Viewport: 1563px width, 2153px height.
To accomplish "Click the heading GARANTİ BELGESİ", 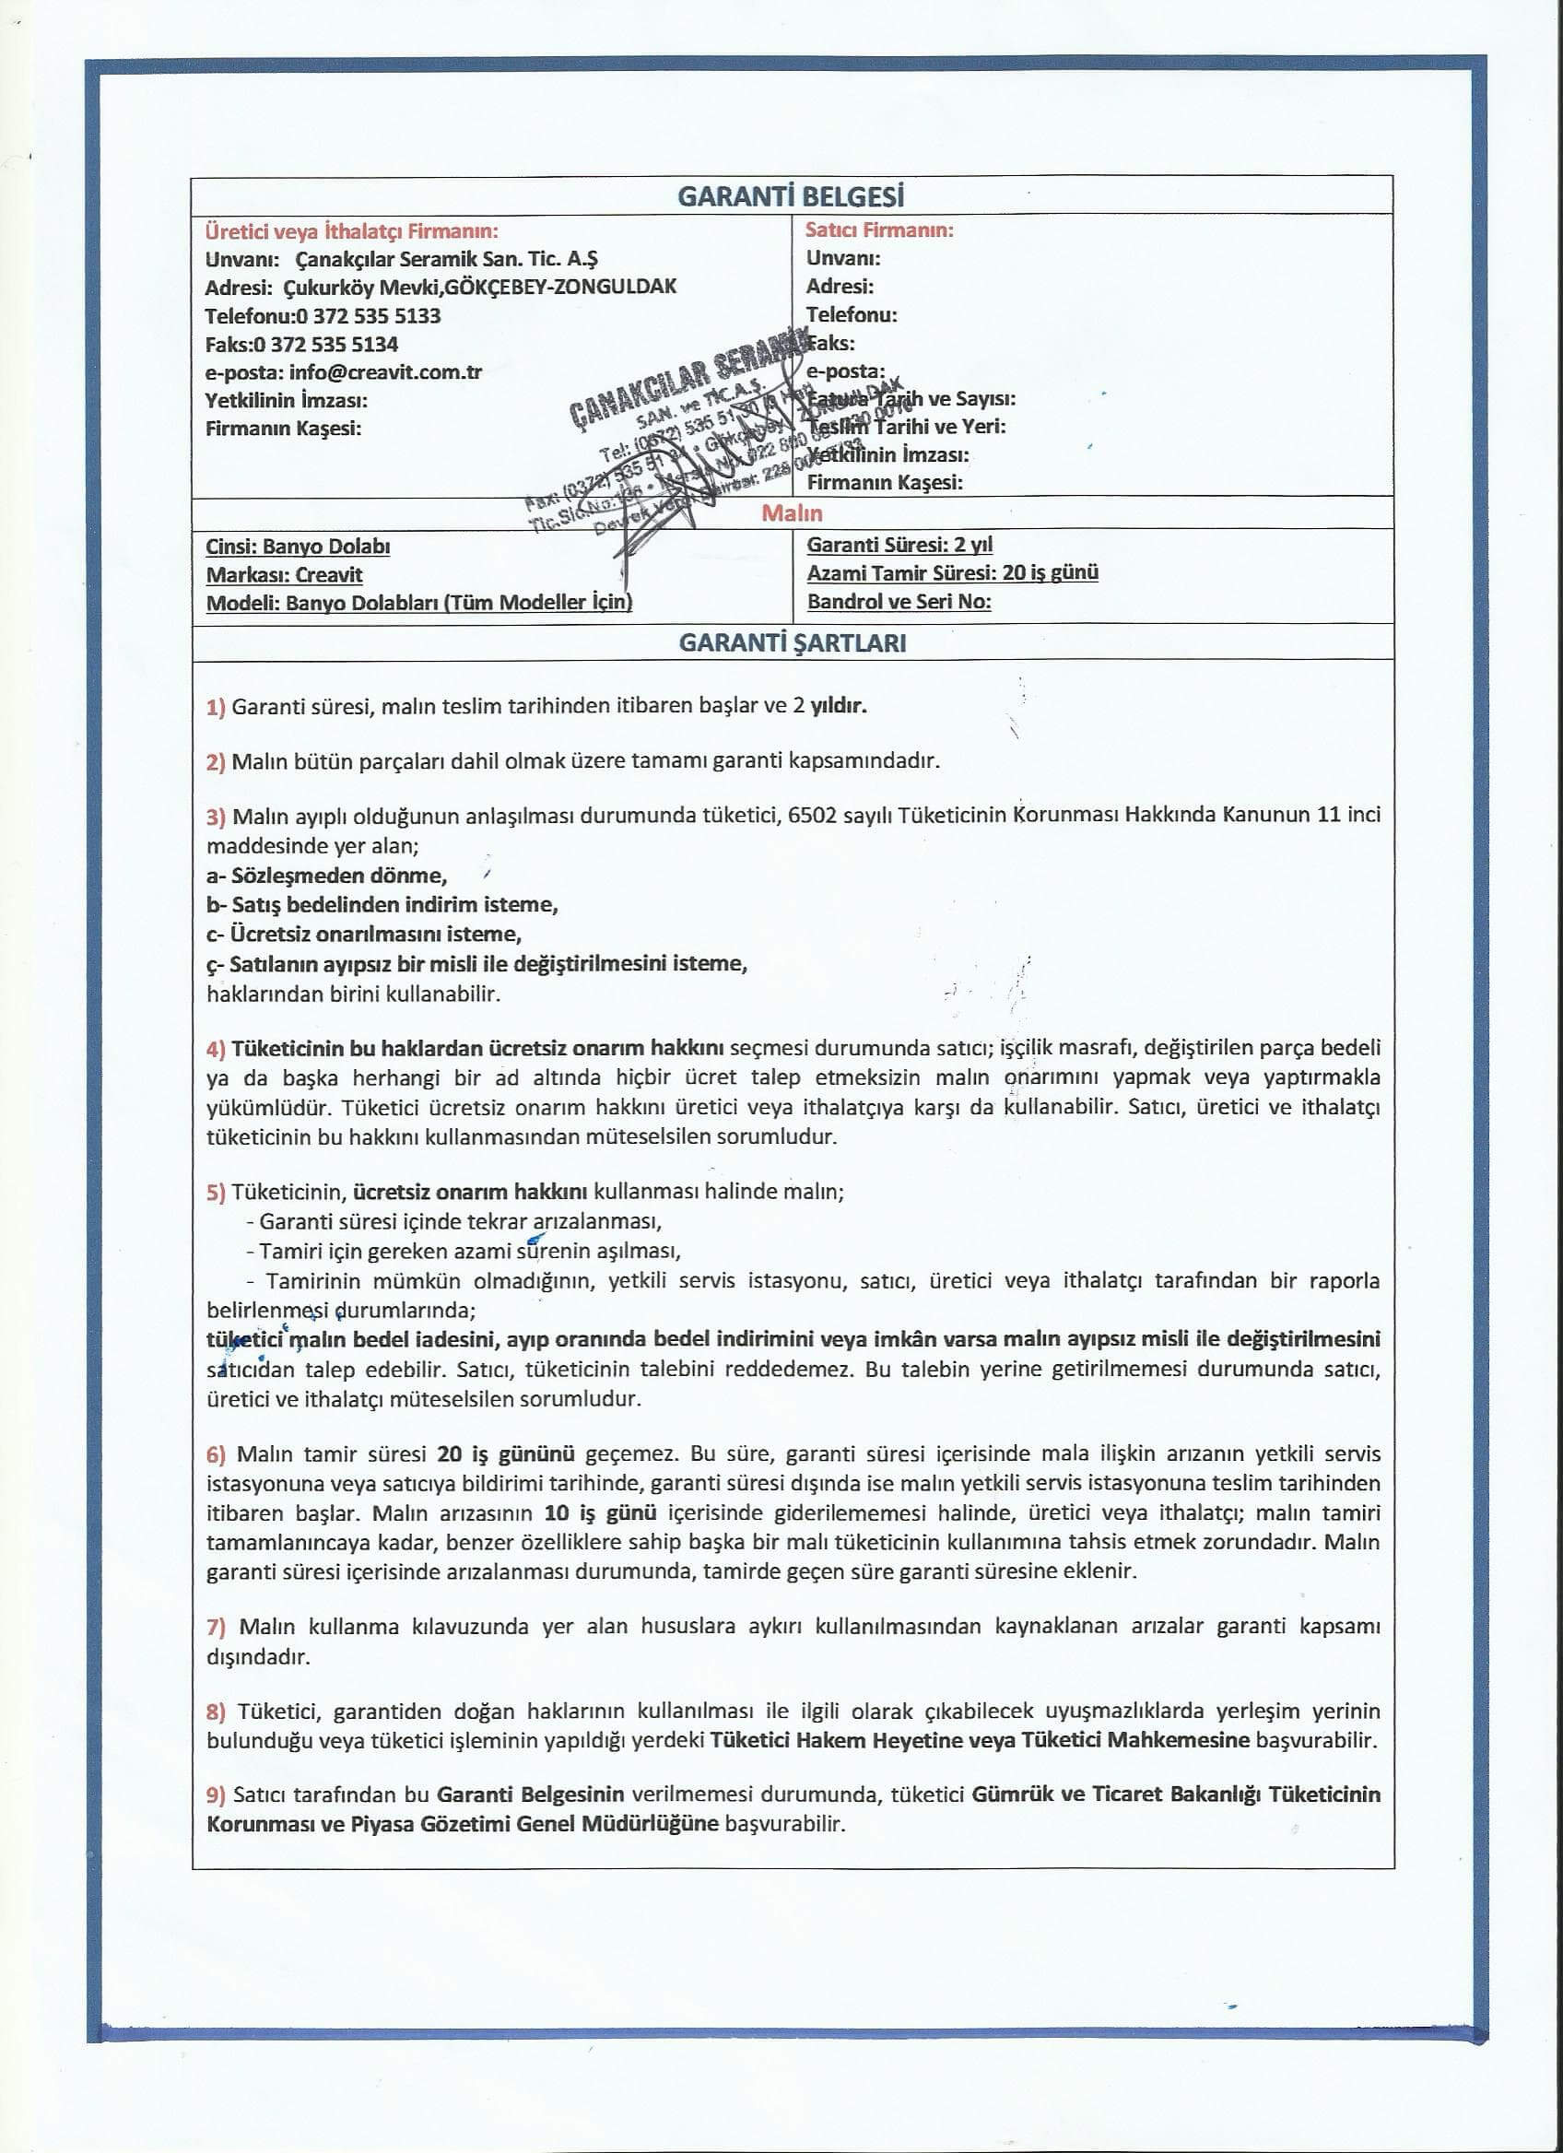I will pos(791,196).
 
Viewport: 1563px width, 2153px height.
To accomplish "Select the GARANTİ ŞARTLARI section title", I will pos(793,642).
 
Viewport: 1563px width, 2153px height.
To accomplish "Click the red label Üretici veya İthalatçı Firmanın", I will pos(351,230).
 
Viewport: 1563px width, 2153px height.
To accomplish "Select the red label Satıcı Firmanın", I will pos(879,229).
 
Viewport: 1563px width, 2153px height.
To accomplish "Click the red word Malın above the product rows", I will pos(792,513).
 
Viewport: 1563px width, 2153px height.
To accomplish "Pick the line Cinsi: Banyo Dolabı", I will pos(298,547).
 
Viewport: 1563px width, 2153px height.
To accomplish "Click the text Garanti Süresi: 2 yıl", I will pos(899,545).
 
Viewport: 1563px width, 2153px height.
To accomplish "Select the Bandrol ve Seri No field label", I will pos(899,602).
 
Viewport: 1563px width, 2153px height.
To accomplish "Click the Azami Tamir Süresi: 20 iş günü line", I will pos(952,572).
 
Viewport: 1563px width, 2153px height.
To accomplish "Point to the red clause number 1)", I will pos(216,707).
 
